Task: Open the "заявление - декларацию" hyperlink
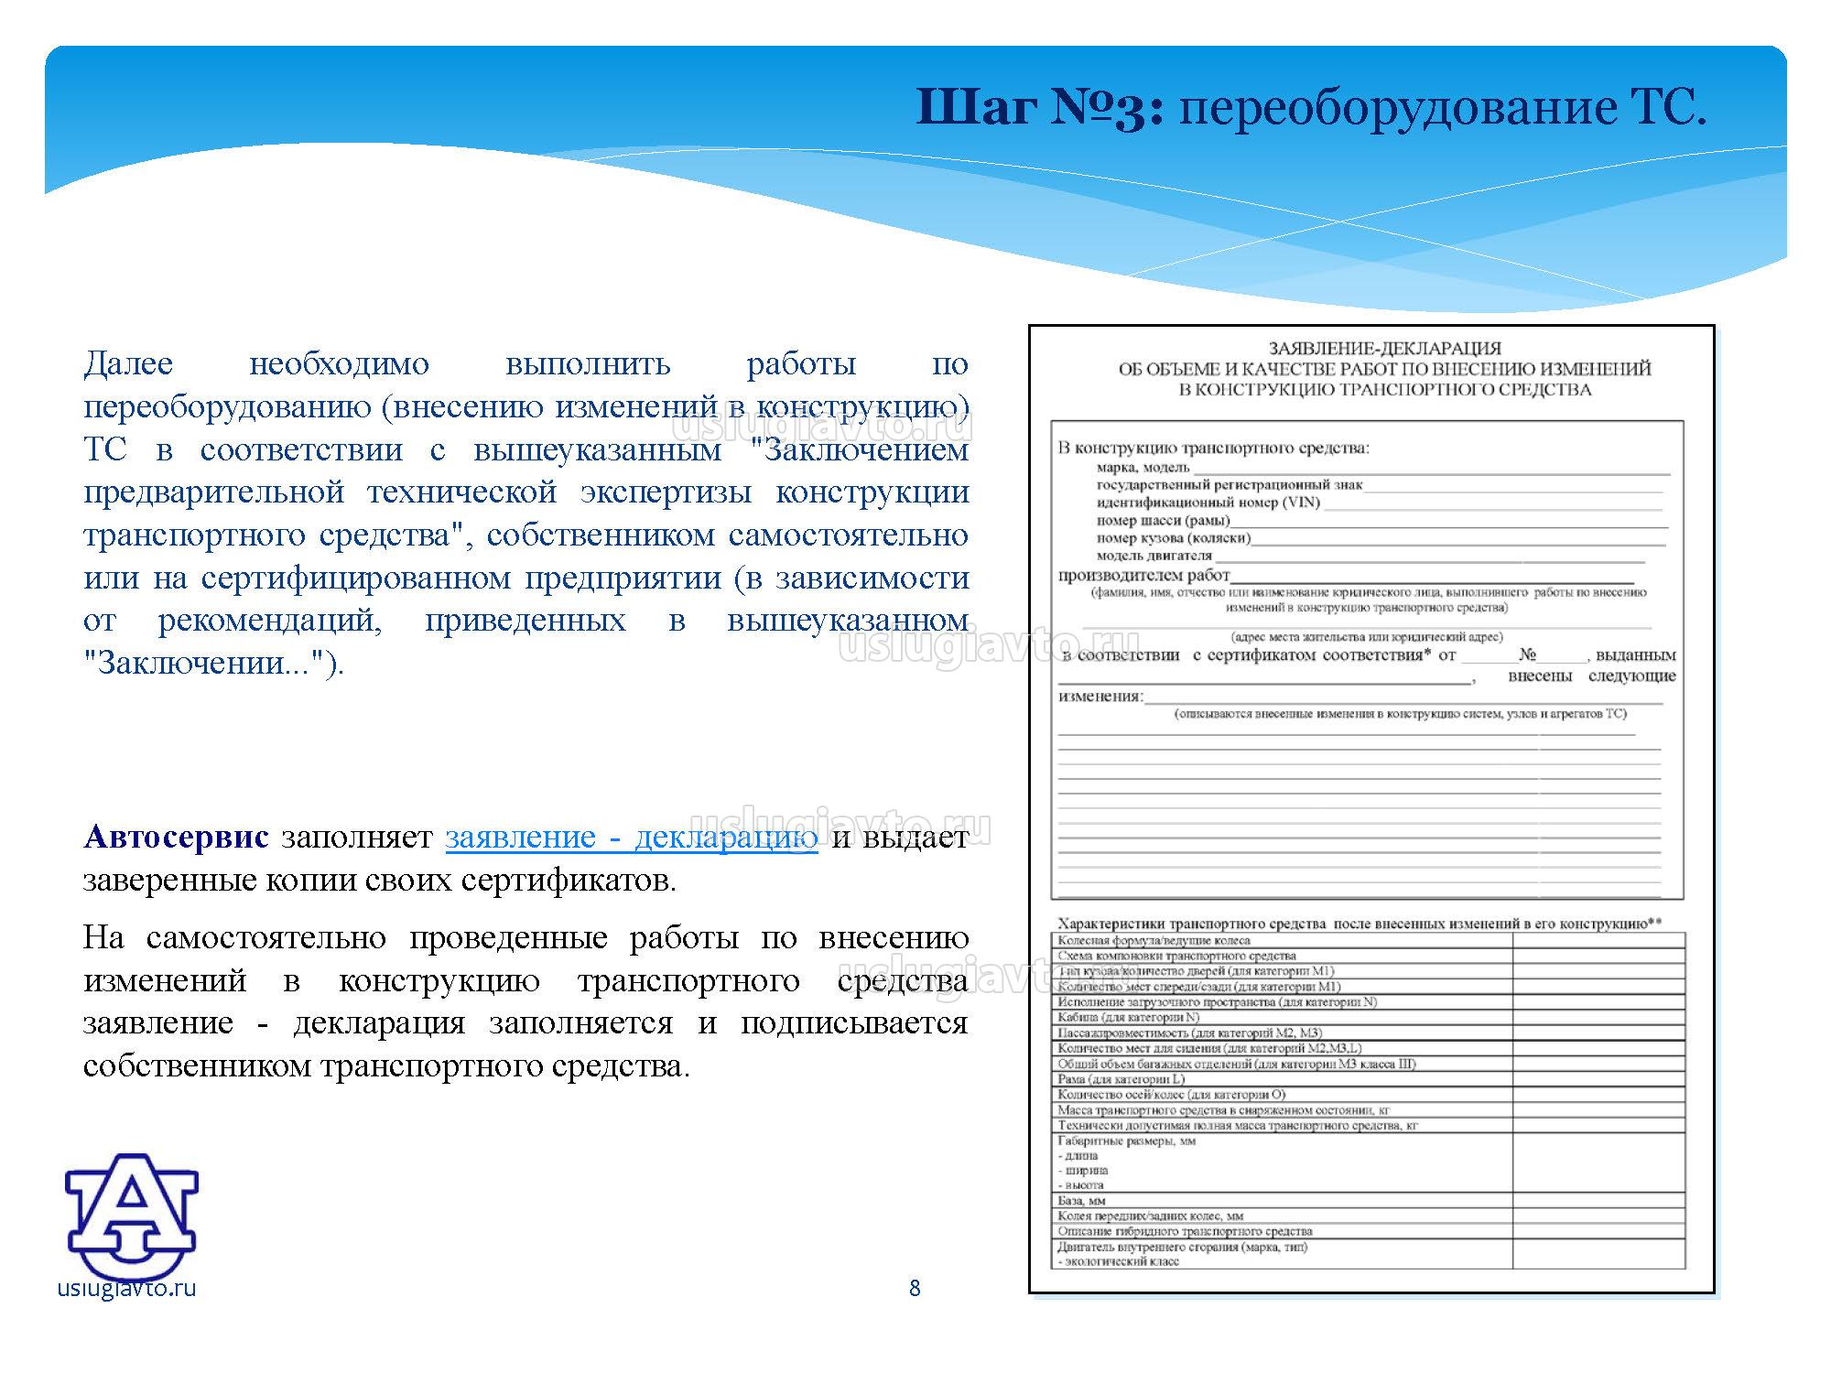[632, 837]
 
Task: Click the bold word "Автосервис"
[176, 837]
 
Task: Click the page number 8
[915, 1289]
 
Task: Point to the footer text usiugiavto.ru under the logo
[126, 1289]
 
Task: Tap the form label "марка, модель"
[1143, 468]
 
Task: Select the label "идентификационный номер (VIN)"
[1208, 503]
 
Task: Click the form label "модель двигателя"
[1154, 556]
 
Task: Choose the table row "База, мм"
[1081, 1200]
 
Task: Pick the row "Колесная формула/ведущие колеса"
[1154, 940]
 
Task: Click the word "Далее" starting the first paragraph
[128, 364]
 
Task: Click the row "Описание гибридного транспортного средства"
[1185, 1231]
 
